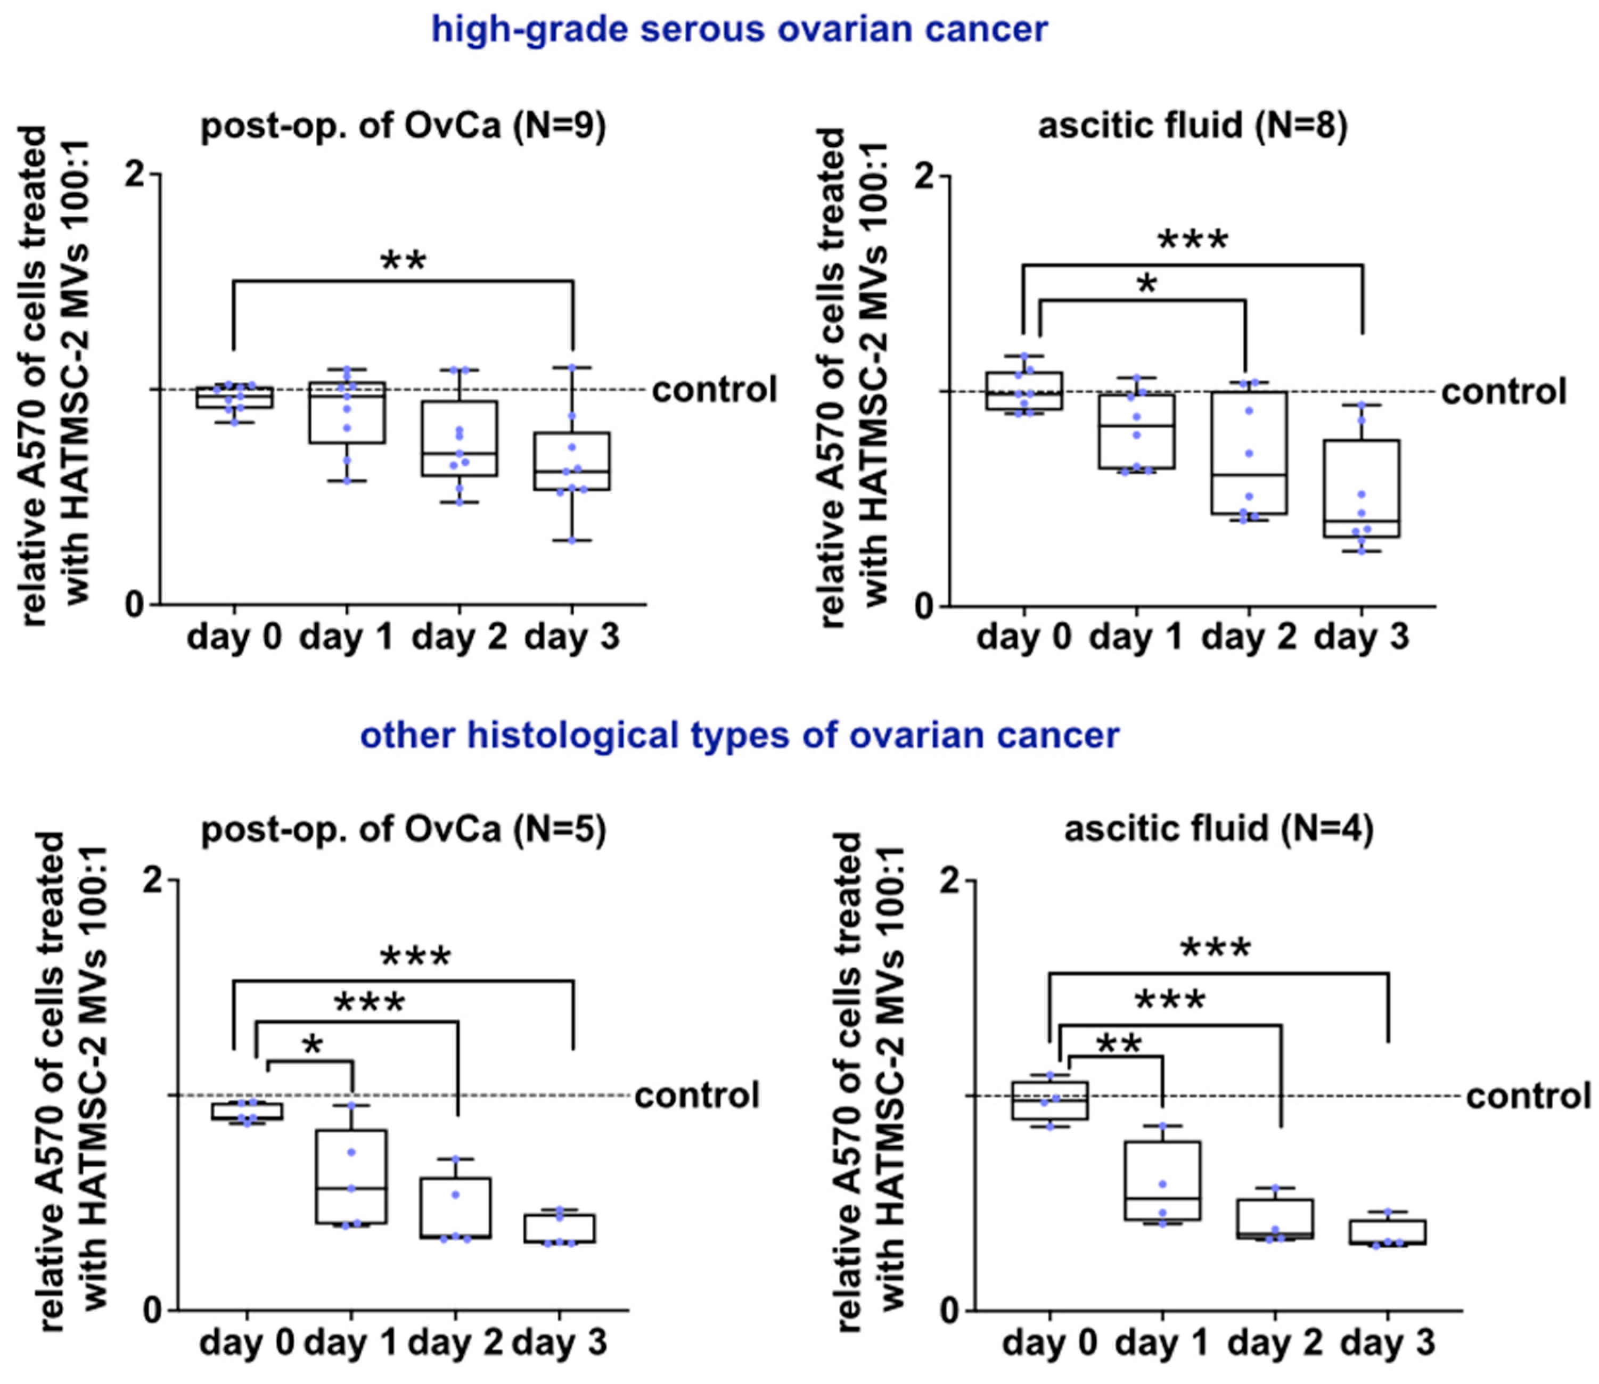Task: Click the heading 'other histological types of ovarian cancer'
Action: tap(739, 735)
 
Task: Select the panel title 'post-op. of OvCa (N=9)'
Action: tap(403, 126)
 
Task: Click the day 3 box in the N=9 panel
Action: tap(572, 461)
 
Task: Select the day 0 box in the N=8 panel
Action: tap(1024, 391)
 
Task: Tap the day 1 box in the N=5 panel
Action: tap(351, 1176)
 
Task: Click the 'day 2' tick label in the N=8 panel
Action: tap(1248, 638)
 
